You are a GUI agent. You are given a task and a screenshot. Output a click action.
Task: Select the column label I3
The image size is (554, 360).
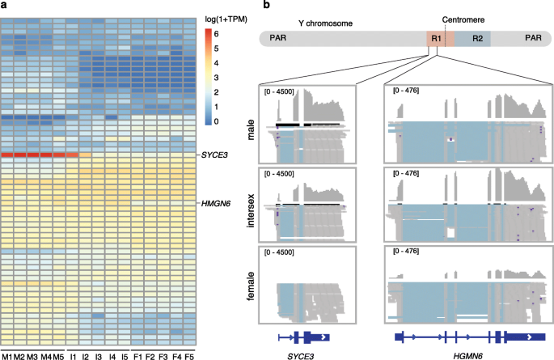click(98, 355)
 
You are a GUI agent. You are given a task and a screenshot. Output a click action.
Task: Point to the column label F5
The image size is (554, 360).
click(189, 355)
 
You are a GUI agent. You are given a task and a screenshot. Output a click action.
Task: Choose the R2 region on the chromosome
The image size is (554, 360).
click(477, 39)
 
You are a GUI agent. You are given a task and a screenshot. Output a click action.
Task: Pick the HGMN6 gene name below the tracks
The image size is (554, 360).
click(462, 354)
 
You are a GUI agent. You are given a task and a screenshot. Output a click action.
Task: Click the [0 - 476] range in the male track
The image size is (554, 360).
click(404, 91)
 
